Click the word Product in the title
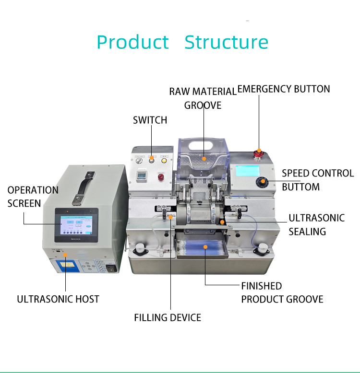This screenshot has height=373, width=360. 133,42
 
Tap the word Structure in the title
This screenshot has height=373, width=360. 226,42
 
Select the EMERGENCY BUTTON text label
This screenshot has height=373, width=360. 284,89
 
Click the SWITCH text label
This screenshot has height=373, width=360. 150,120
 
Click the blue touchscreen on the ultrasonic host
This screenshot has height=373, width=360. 76,225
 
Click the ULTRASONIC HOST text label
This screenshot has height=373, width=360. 58,299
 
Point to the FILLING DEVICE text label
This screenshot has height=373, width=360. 167,317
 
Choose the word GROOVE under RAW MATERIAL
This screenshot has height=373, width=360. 203,105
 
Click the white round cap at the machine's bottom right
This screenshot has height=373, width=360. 263,248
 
